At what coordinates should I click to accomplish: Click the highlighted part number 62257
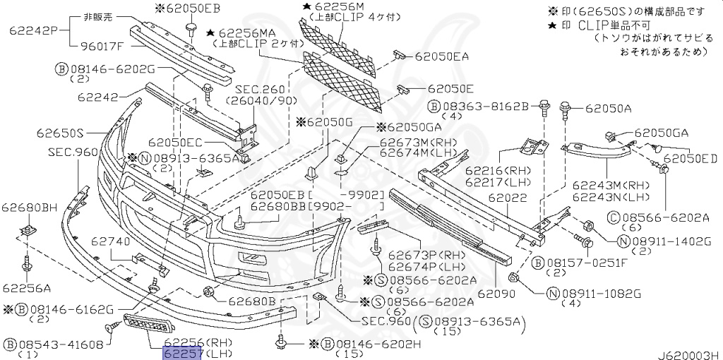coord(183,353)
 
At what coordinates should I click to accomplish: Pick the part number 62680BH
coord(29,208)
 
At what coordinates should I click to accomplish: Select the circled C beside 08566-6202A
coord(612,217)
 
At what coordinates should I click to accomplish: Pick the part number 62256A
coord(26,288)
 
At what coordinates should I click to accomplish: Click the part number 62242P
coord(32,31)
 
